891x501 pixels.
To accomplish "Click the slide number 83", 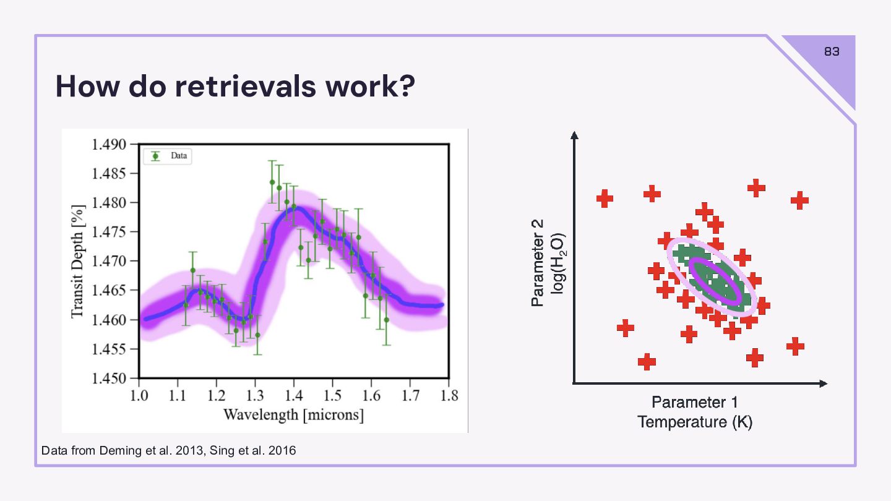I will (832, 52).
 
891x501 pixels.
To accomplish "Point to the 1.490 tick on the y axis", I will (109, 145).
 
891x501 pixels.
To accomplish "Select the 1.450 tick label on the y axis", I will (109, 378).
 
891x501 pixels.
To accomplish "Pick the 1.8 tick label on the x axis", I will (448, 395).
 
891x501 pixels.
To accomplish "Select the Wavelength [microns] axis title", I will (293, 414).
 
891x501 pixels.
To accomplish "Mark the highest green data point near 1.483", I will (272, 182).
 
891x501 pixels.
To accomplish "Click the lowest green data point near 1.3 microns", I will (257, 335).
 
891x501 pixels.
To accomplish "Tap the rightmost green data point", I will (386, 320).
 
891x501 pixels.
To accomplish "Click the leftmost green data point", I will (186, 305).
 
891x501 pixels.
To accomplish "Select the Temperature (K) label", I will (694, 422).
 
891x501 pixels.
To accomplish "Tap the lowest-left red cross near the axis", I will (647, 361).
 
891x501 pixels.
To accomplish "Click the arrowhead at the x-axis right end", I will (824, 383).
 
